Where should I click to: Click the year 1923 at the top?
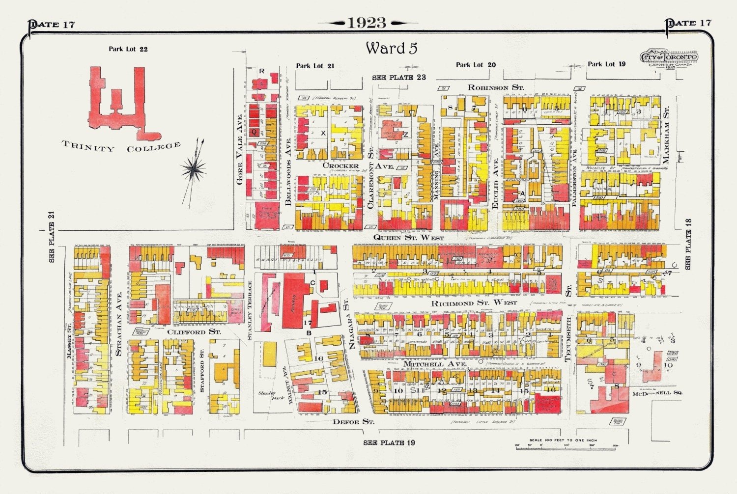[367, 23]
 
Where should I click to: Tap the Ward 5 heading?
[391, 48]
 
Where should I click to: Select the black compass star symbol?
[194, 169]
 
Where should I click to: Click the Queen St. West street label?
[408, 238]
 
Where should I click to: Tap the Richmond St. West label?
[474, 303]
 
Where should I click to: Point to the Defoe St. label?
[353, 422]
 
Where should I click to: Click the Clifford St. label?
[194, 332]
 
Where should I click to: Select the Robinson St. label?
[495, 87]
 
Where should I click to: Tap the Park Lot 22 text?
[128, 49]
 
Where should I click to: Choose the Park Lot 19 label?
[606, 64]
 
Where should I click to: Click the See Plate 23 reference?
[398, 78]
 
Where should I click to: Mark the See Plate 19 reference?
[389, 442]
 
